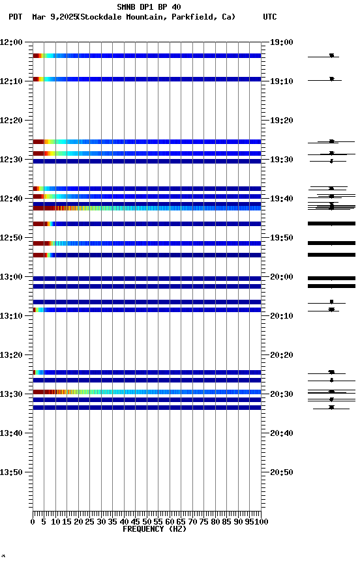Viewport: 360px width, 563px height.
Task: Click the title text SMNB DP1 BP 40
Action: [x=149, y=7]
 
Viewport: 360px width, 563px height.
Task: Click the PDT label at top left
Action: [x=16, y=17]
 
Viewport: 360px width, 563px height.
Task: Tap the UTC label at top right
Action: [x=270, y=17]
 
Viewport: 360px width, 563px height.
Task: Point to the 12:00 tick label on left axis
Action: [x=12, y=42]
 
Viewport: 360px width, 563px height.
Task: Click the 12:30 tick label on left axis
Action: [x=12, y=160]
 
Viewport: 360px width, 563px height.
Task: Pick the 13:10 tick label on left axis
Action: [x=12, y=316]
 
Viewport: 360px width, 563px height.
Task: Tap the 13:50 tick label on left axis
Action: [x=12, y=472]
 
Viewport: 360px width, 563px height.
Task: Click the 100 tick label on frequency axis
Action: [x=260, y=521]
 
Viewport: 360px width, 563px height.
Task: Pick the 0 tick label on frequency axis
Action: [x=33, y=521]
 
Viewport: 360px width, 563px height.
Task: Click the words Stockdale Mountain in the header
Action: [x=124, y=17]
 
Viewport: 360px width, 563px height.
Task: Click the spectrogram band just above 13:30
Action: [x=147, y=392]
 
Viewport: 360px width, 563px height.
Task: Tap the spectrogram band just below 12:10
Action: [x=147, y=79]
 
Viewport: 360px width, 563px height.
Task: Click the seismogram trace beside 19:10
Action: [x=331, y=79]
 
